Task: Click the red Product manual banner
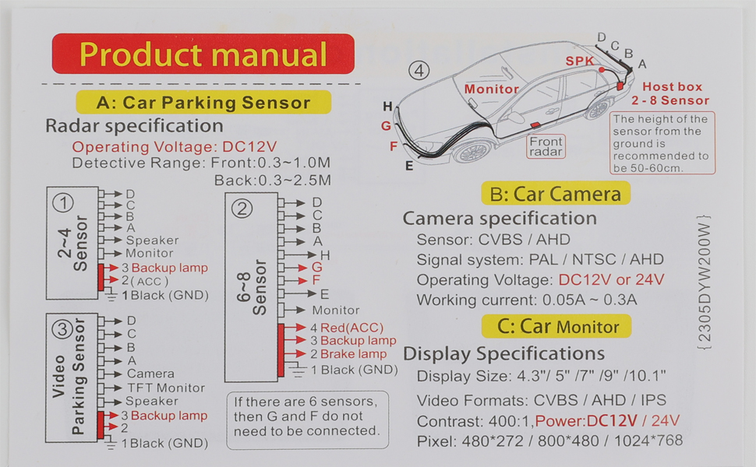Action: coord(203,54)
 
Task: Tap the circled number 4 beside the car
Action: coord(420,71)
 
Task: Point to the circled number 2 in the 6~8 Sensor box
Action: coord(242,208)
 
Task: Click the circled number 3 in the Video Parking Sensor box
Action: coord(62,328)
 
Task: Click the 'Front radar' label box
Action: coord(546,146)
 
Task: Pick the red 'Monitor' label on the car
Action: coord(491,89)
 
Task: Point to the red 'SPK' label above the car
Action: coord(579,60)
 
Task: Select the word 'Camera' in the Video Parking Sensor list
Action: coord(150,374)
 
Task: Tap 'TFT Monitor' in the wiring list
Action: coord(165,388)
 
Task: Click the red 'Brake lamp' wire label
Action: coord(353,354)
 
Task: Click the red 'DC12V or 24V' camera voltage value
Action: coord(611,279)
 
